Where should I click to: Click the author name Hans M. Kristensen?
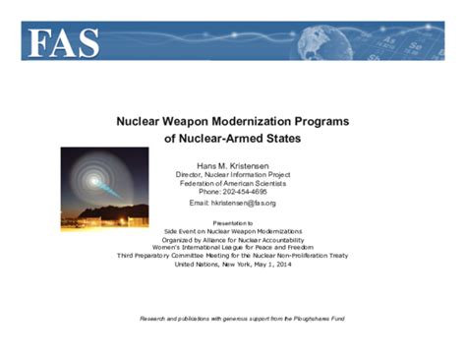coord(232,163)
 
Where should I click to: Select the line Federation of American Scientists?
coord(232,182)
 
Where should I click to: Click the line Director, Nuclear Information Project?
coord(232,173)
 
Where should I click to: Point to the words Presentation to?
coord(233,222)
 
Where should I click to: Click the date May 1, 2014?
coord(271,265)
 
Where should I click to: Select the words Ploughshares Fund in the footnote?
coord(317,320)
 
